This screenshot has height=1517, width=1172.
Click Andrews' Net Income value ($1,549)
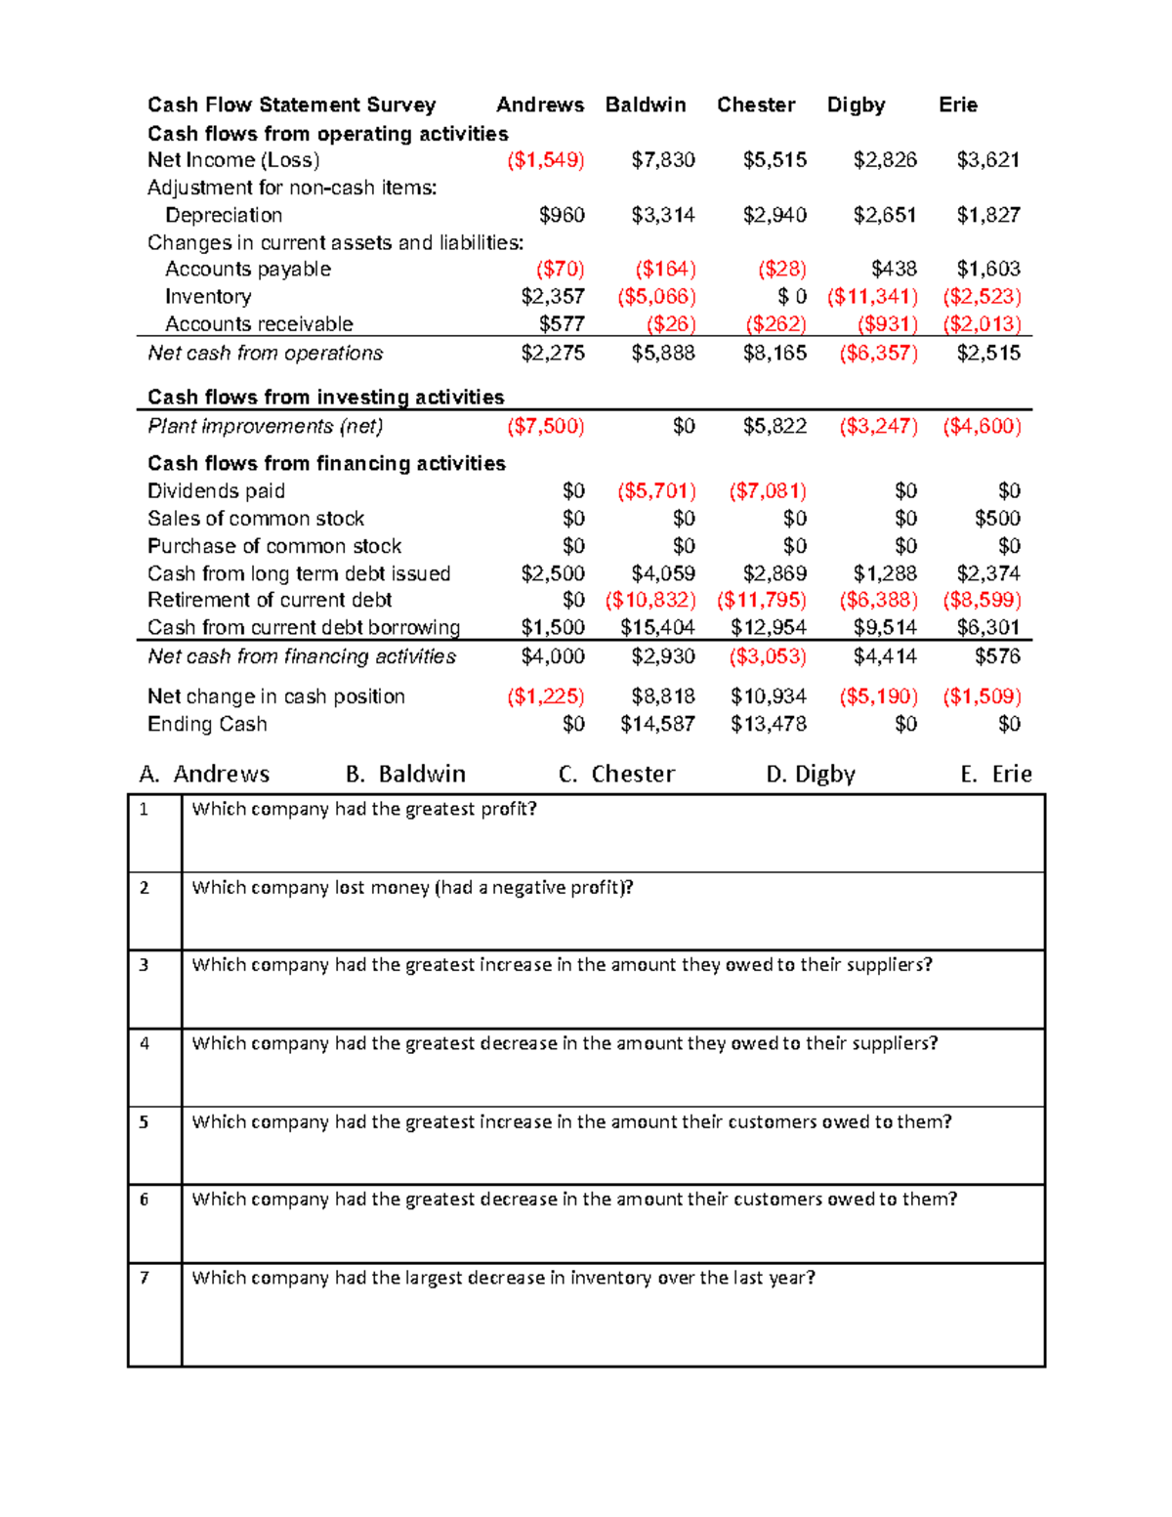pyautogui.click(x=545, y=160)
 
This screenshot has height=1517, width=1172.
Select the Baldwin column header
pyautogui.click(x=646, y=105)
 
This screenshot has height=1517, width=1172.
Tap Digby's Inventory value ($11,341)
pyautogui.click(x=872, y=296)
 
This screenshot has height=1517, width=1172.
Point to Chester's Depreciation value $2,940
pyautogui.click(x=774, y=215)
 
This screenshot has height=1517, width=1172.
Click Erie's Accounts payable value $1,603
pyautogui.click(x=988, y=269)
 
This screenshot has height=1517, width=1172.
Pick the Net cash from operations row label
pyautogui.click(x=265, y=353)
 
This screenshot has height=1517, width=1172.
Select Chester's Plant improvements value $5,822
pyautogui.click(x=774, y=426)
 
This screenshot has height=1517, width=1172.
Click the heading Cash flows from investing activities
pyautogui.click(x=325, y=397)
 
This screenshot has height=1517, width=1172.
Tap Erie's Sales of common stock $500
pyautogui.click(x=997, y=518)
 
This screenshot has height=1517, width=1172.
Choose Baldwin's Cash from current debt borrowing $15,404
pyautogui.click(x=657, y=627)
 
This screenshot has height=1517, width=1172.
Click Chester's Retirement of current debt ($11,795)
pyautogui.click(x=762, y=600)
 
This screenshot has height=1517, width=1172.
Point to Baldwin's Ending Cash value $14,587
pyautogui.click(x=657, y=724)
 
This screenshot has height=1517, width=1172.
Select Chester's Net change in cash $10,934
pyautogui.click(x=769, y=696)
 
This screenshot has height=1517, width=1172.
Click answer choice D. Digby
pyautogui.click(x=811, y=774)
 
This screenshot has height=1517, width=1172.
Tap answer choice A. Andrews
pyautogui.click(x=204, y=774)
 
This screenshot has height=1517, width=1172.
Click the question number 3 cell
pyautogui.click(x=145, y=965)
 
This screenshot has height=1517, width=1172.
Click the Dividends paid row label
pyautogui.click(x=216, y=491)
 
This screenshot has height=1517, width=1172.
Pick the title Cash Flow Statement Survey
pyautogui.click(x=291, y=105)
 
